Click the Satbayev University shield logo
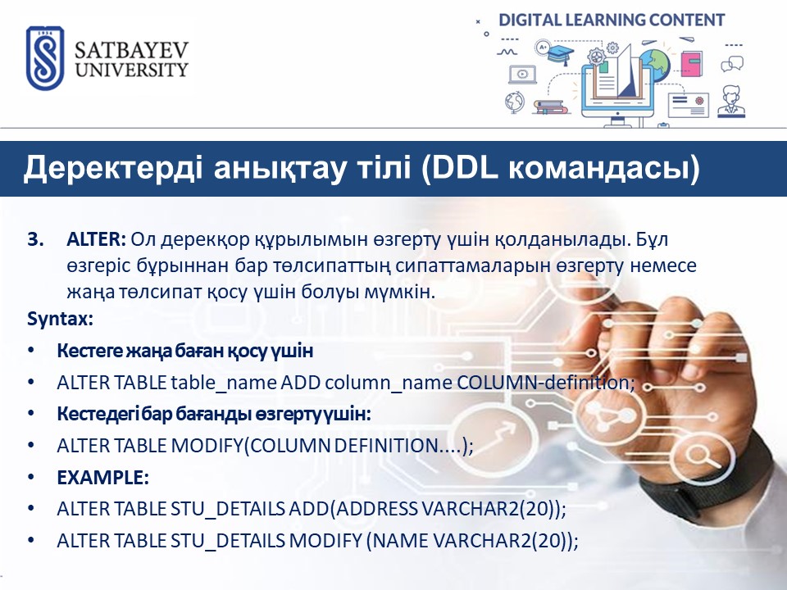(x=45, y=58)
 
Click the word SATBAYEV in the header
(x=131, y=50)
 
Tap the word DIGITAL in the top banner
(x=530, y=20)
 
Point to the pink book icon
(x=691, y=63)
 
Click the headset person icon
(x=730, y=102)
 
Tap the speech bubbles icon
(x=732, y=64)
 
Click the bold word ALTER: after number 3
(x=97, y=239)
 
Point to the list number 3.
(x=35, y=240)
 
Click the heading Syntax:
(x=60, y=319)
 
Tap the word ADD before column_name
(x=300, y=383)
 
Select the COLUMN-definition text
(x=546, y=383)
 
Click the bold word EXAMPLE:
(x=103, y=478)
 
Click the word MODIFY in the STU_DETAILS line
(x=325, y=540)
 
